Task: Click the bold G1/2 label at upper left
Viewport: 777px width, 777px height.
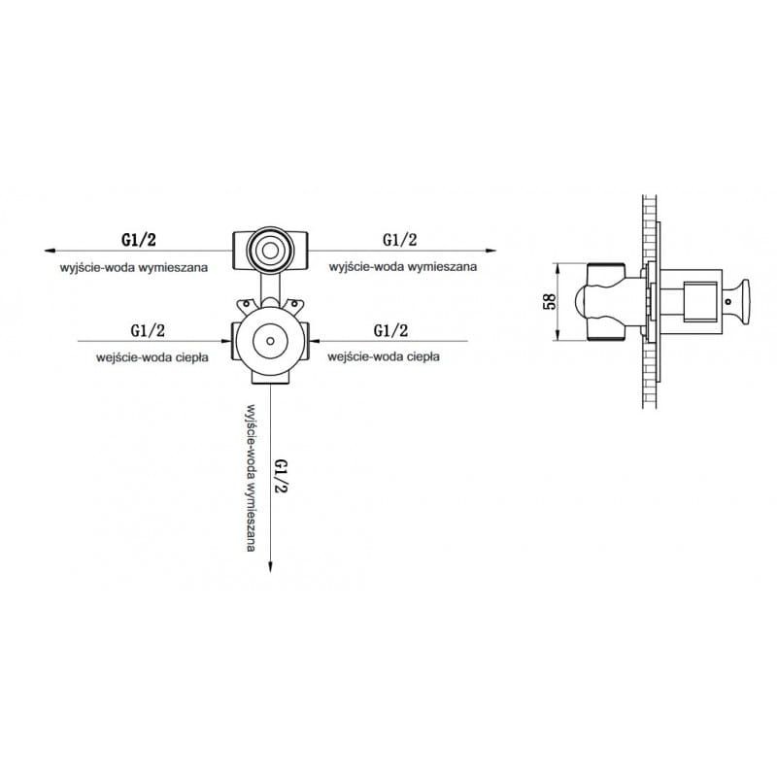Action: (x=139, y=240)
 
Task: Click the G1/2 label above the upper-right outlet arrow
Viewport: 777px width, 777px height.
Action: (x=400, y=240)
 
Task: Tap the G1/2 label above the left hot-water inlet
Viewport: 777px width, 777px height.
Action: (x=148, y=330)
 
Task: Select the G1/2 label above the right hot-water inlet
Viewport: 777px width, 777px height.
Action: (x=391, y=330)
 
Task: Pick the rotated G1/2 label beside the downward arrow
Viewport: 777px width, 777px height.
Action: (x=281, y=476)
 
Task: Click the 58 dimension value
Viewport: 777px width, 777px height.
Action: (x=550, y=302)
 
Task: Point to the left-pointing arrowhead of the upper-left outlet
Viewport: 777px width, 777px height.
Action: (x=50, y=251)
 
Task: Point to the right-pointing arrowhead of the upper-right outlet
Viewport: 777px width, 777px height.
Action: (x=490, y=251)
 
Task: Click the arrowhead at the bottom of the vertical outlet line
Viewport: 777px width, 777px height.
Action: (x=270, y=567)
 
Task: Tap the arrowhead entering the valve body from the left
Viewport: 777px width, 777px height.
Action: (x=226, y=341)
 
